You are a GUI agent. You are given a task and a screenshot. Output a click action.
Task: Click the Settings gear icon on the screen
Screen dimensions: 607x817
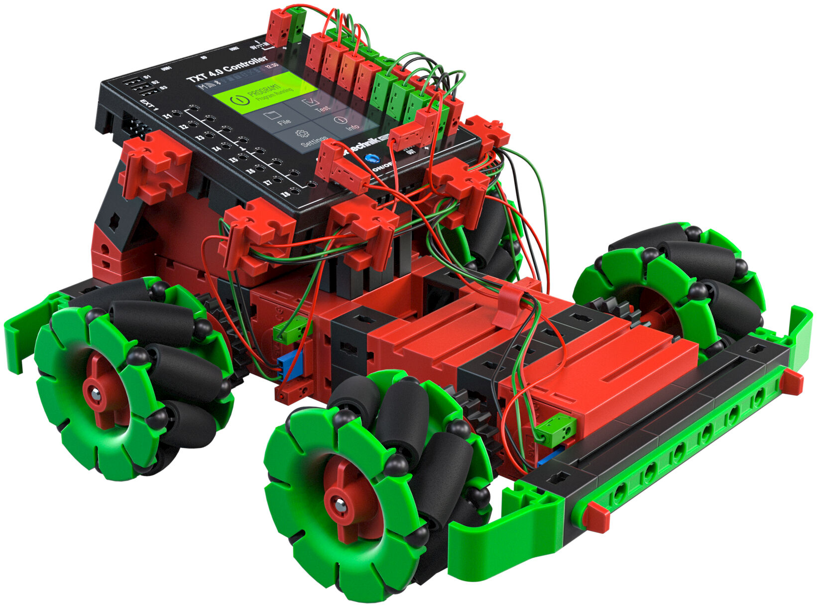300,134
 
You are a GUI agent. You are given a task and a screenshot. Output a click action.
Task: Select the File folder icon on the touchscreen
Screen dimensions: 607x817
272,115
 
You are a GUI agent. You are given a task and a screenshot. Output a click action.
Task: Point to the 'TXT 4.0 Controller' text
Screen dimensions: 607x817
227,70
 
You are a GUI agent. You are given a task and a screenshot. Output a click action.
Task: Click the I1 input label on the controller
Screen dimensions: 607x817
168,116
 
